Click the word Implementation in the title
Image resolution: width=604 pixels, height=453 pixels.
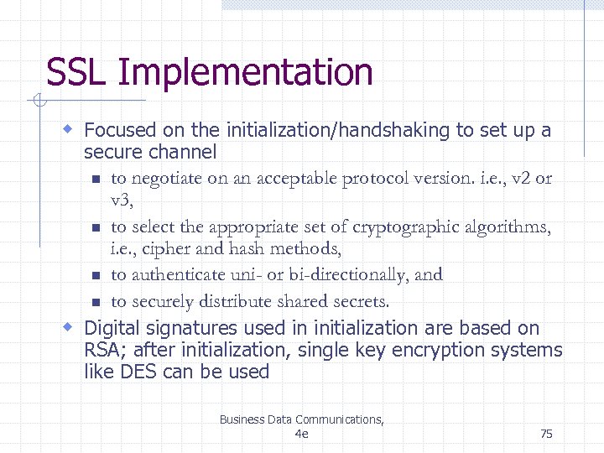coord(245,73)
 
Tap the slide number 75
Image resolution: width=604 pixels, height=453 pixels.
coord(546,434)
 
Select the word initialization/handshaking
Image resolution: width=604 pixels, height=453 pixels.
coord(337,130)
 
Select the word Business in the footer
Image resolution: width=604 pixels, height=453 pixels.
coord(241,419)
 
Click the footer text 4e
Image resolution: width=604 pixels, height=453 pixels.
coord(302,434)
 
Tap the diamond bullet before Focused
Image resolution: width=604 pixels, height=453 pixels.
coord(70,130)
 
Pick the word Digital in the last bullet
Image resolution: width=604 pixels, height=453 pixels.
coord(111,328)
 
